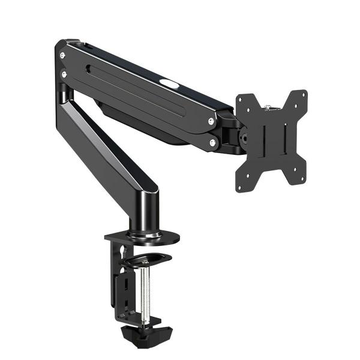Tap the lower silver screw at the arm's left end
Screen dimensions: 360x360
[x=64, y=74]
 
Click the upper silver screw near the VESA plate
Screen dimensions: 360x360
[x=211, y=121]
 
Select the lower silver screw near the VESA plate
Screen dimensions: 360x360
[x=212, y=143]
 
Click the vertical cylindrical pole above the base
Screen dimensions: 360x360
[x=145, y=210]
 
